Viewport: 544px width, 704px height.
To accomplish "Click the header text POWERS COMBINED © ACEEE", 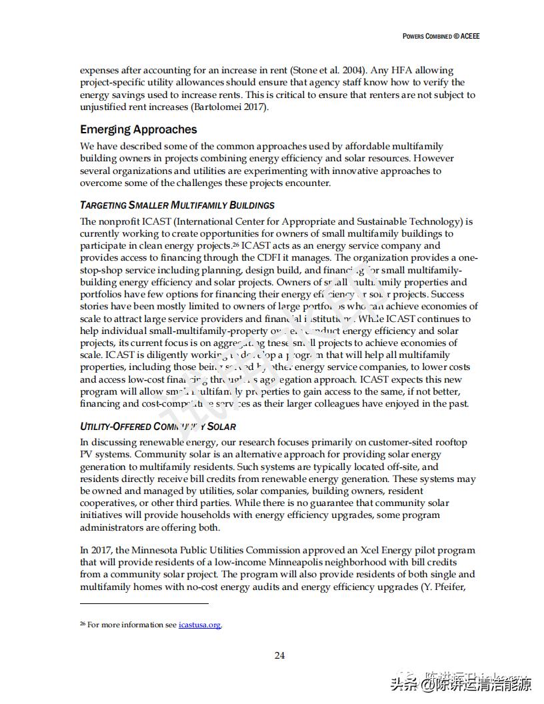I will [x=441, y=36].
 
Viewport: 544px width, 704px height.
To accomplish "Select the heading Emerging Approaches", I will [x=139, y=129].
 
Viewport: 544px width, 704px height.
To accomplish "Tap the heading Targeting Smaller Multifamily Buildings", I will [x=177, y=205].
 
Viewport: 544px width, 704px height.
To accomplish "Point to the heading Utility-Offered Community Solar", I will [x=158, y=426].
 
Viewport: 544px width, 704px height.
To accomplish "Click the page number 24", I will [x=280, y=655].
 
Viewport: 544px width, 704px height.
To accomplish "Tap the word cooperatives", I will [x=107, y=503].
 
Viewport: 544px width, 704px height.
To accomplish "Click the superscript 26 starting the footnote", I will [x=83, y=624].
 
